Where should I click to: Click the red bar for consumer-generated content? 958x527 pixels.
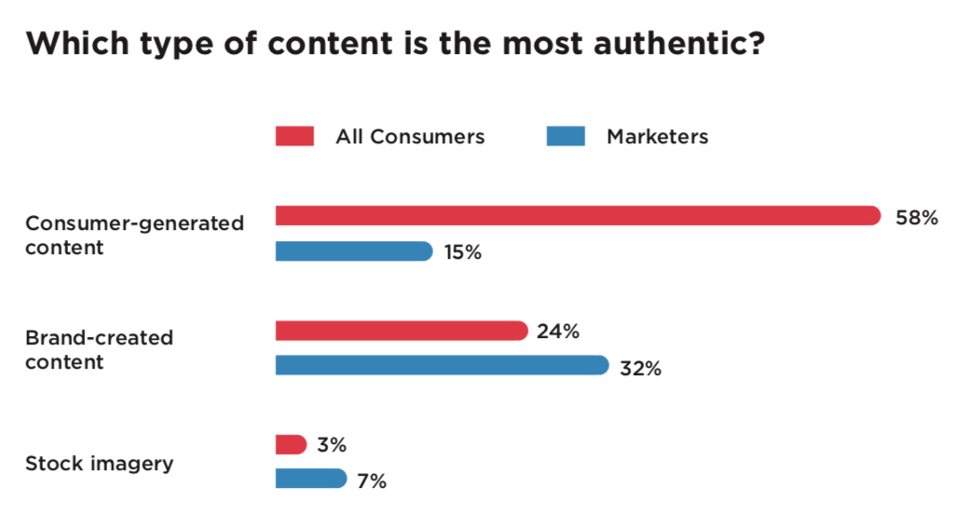point(578,216)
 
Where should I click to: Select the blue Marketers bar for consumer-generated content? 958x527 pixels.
point(354,251)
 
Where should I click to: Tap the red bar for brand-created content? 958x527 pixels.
point(402,331)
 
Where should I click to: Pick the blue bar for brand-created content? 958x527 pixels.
point(442,365)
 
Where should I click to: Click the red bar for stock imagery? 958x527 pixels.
point(291,444)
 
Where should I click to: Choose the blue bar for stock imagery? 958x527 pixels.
point(311,479)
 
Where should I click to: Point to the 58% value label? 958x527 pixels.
point(916,218)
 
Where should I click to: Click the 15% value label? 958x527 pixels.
point(461,252)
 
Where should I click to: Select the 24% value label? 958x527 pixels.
point(558,331)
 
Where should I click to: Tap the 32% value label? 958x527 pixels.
point(640,368)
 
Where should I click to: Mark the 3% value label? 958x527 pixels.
point(331,445)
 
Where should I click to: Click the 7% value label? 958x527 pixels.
point(371,481)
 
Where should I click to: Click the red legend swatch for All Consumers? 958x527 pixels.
point(294,136)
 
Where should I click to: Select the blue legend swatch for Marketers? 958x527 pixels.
point(566,136)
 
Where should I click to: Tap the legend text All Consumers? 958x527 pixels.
point(410,137)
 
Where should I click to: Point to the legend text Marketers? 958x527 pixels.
point(657,137)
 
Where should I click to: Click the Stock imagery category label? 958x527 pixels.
point(99,464)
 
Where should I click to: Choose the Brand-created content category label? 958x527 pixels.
point(99,349)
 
